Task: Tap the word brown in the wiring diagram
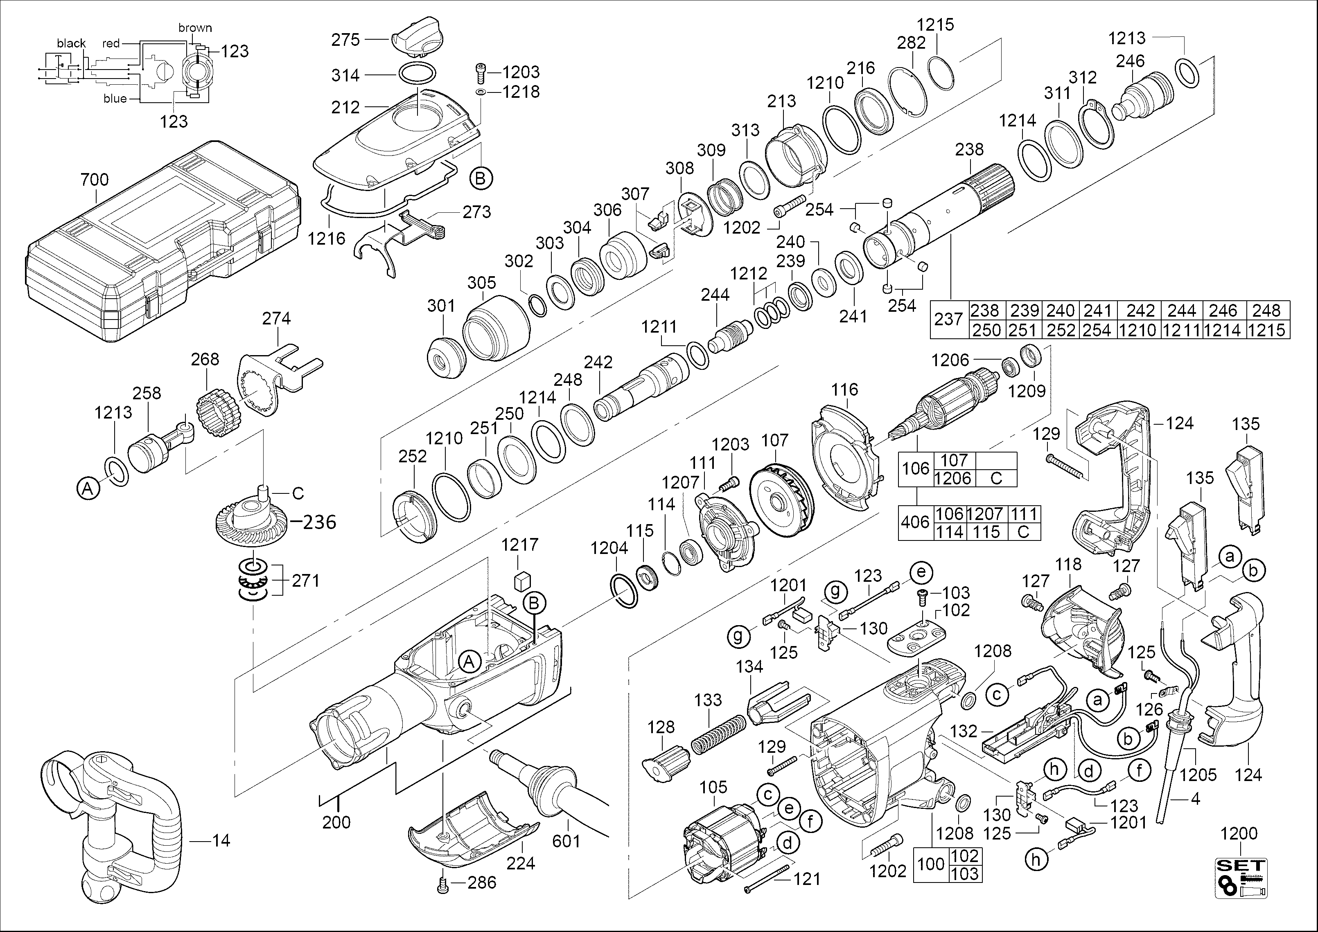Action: (x=195, y=27)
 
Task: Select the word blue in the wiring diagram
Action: (x=115, y=99)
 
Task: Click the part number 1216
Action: (x=327, y=238)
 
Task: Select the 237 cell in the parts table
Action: (x=948, y=319)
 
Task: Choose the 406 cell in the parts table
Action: (x=915, y=522)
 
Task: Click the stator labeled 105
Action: (x=723, y=844)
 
